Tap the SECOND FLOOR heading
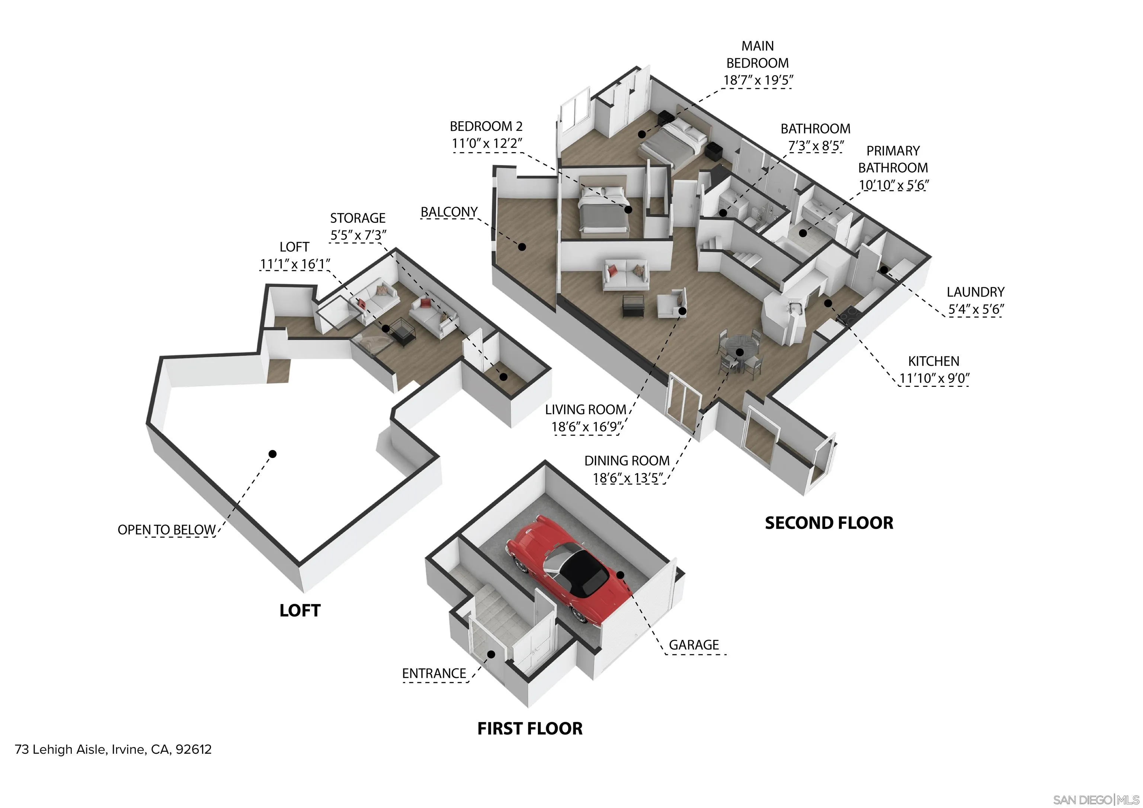click(829, 523)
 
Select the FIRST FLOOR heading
click(530, 728)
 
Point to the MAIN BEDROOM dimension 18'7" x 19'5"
click(758, 80)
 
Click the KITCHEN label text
click(934, 361)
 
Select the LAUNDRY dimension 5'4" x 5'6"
click(975, 309)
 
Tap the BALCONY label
click(449, 212)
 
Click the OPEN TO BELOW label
click(167, 530)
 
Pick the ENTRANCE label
click(433, 674)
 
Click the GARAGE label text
click(694, 645)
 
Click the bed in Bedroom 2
click(602, 209)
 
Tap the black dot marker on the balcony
click(522, 246)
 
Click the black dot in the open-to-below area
click(272, 453)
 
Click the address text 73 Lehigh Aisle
click(113, 749)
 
